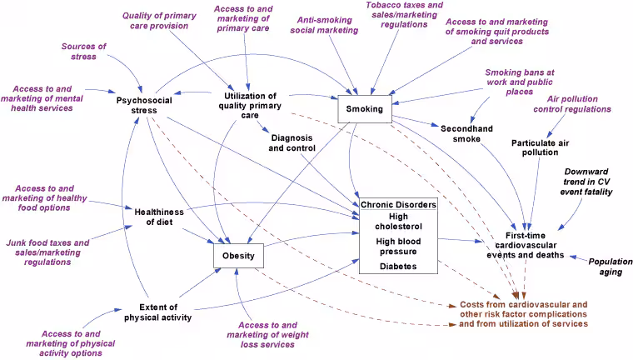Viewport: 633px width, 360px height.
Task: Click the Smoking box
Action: [364, 109]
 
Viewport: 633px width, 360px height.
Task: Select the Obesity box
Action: [239, 255]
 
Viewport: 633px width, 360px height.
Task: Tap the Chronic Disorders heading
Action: [397, 204]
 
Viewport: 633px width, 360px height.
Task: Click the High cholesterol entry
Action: [397, 221]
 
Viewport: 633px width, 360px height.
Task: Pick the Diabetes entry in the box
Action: [397, 266]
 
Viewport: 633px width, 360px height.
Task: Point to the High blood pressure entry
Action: [397, 246]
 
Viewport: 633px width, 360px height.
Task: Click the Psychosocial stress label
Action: [144, 106]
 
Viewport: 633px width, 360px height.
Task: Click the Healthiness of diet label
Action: [158, 217]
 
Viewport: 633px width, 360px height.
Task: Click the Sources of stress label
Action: [83, 52]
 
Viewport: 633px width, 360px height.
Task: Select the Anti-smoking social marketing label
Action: [324, 25]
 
